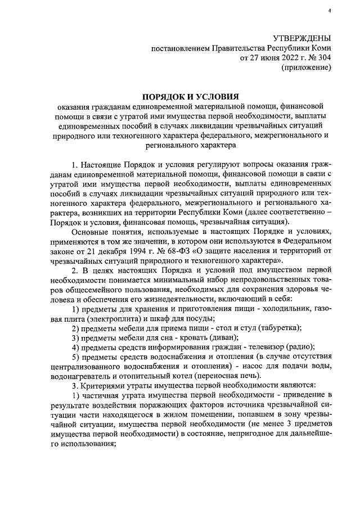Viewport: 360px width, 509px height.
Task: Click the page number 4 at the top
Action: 330,11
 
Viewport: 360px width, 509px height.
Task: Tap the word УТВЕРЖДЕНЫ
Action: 301,38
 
